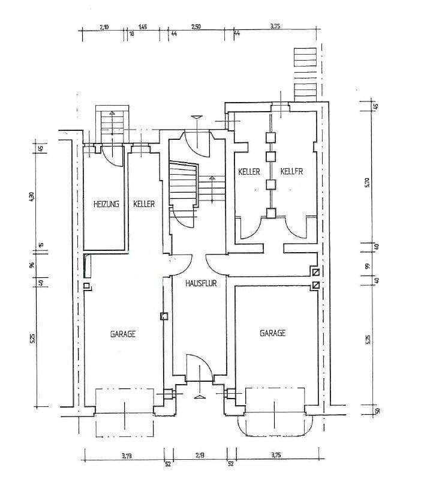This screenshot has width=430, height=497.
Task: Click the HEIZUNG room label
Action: click(106, 204)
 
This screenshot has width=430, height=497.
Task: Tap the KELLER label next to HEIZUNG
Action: click(144, 204)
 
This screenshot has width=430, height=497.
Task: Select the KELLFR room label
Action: click(291, 172)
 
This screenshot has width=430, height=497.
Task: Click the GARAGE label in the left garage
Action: click(122, 334)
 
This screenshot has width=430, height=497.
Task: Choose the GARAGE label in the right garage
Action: click(272, 333)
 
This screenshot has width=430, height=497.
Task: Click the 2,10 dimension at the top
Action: click(104, 27)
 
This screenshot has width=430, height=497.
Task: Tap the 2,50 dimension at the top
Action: click(196, 27)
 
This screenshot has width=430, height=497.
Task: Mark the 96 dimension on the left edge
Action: click(34, 265)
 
